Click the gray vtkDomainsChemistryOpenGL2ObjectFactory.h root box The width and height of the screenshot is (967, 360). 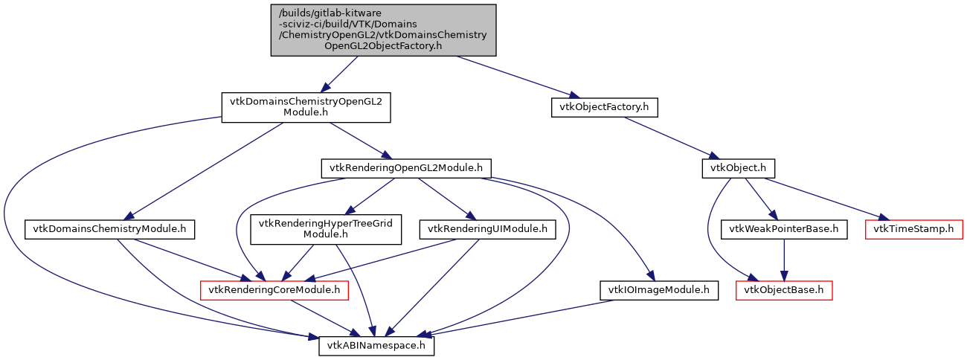tap(382, 29)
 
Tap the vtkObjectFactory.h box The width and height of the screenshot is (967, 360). tap(604, 106)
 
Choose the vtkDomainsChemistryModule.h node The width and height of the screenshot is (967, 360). tap(109, 229)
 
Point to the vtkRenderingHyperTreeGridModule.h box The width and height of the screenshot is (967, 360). tap(326, 229)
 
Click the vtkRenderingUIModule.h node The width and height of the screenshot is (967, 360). tap(487, 229)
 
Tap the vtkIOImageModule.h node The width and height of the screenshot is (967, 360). tap(659, 289)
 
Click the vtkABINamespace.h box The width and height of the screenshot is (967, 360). tap(376, 346)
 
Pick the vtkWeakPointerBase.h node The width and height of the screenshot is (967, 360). tap(784, 229)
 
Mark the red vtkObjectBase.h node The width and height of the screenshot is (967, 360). tap(784, 289)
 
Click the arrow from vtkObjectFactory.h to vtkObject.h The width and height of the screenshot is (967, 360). tap(669, 138)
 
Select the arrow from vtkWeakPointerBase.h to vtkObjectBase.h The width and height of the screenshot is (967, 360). tap(784, 259)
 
